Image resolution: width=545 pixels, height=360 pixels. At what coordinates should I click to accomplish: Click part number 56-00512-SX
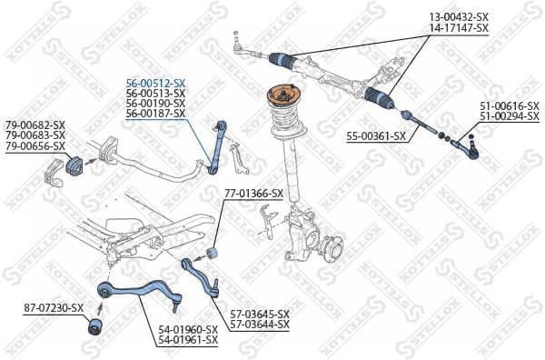click(155, 82)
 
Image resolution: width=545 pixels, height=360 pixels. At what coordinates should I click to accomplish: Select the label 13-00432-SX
click(459, 17)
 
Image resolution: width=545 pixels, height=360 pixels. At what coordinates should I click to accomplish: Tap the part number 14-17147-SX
click(459, 28)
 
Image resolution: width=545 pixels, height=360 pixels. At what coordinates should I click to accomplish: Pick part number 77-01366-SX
click(253, 193)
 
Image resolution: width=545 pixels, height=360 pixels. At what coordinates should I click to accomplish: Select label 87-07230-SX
click(54, 308)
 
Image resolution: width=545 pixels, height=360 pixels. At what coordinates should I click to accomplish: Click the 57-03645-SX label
click(259, 314)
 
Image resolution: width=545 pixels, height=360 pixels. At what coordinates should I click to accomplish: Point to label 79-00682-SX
click(35, 125)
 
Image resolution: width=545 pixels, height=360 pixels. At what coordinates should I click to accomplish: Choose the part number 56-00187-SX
click(155, 115)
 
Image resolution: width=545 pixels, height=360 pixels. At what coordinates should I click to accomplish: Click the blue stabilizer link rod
click(216, 145)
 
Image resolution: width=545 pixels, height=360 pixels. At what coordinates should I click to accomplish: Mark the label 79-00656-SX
click(35, 146)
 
